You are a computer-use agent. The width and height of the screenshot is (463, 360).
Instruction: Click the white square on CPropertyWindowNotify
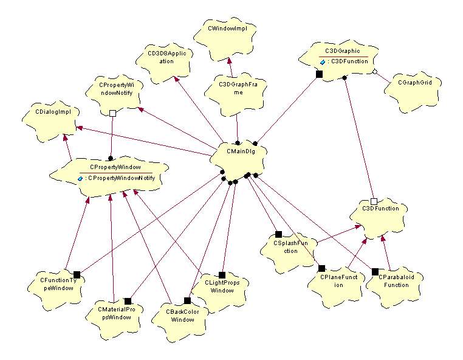[112, 112]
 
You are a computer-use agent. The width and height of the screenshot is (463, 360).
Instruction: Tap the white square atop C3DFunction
[374, 201]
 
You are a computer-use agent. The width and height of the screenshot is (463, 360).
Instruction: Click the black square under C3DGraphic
[319, 74]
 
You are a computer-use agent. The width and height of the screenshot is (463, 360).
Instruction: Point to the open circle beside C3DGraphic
[375, 72]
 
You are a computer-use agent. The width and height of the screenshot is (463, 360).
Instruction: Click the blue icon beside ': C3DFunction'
[323, 61]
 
